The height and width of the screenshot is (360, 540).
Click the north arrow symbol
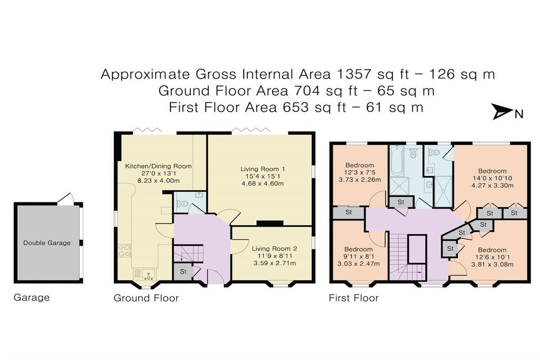pyautogui.click(x=503, y=112)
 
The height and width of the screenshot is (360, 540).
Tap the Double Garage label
pyautogui.click(x=47, y=243)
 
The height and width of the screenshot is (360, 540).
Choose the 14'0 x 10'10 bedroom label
pyautogui.click(x=493, y=178)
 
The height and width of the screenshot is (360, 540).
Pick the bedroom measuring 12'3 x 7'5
pyautogui.click(x=360, y=172)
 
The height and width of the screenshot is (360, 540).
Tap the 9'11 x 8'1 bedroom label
pyautogui.click(x=359, y=256)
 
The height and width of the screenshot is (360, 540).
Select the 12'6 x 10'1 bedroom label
pyautogui.click(x=492, y=257)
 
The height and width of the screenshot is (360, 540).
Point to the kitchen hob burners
pyautogui.click(x=124, y=250)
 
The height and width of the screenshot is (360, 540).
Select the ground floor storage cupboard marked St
pyautogui.click(x=183, y=271)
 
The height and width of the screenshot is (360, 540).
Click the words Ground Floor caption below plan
pyautogui.click(x=146, y=298)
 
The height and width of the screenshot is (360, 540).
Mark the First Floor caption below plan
pyautogui.click(x=354, y=298)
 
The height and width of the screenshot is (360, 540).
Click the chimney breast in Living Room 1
pyautogui.click(x=269, y=223)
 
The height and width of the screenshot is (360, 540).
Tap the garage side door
pyautogui.click(x=66, y=198)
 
